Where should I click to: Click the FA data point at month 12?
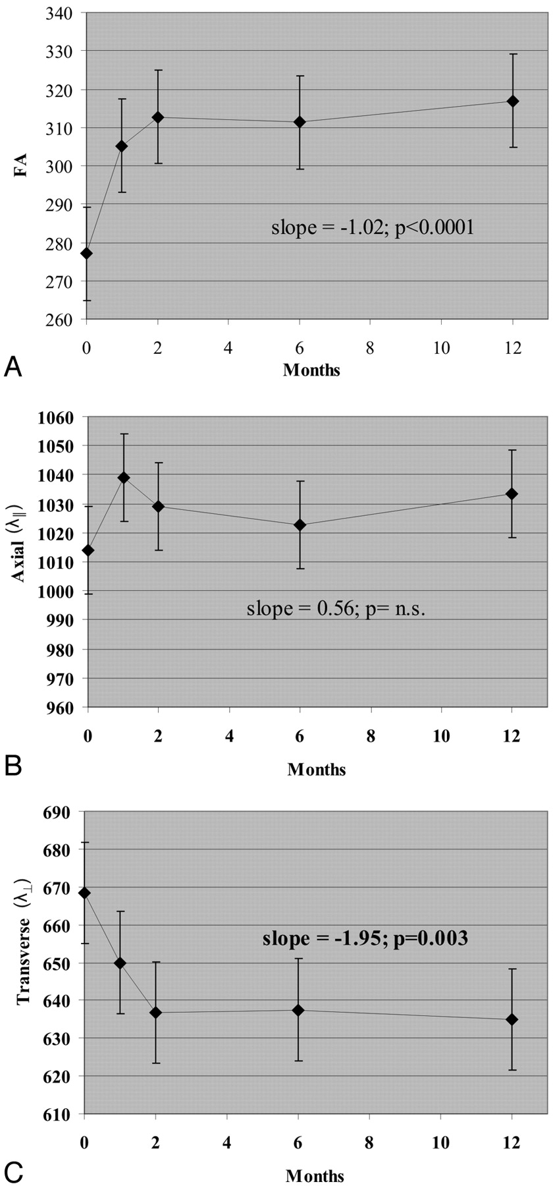(x=513, y=101)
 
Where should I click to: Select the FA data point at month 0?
(x=86, y=253)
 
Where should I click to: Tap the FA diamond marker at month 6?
(x=300, y=122)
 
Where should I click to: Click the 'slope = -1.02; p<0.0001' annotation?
(x=373, y=229)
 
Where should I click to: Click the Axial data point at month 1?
(x=123, y=477)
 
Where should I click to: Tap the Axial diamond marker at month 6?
(x=300, y=524)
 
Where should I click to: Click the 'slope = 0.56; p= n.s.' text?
(x=336, y=608)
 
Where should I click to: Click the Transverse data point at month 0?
(x=84, y=893)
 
